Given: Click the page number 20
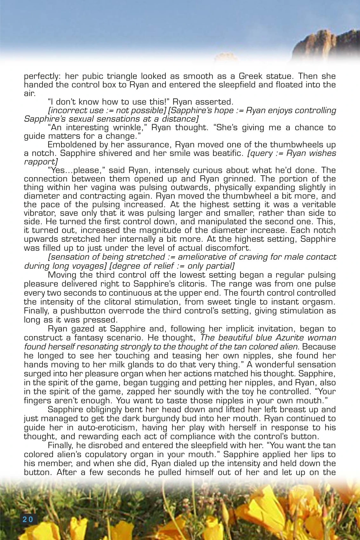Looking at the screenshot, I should (28, 519).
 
